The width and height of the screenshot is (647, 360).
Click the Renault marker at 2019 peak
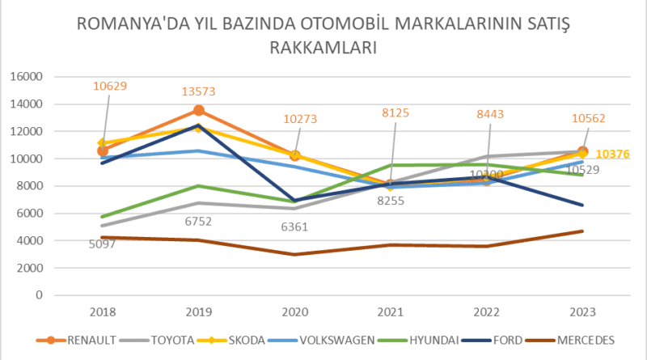pos(199,111)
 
